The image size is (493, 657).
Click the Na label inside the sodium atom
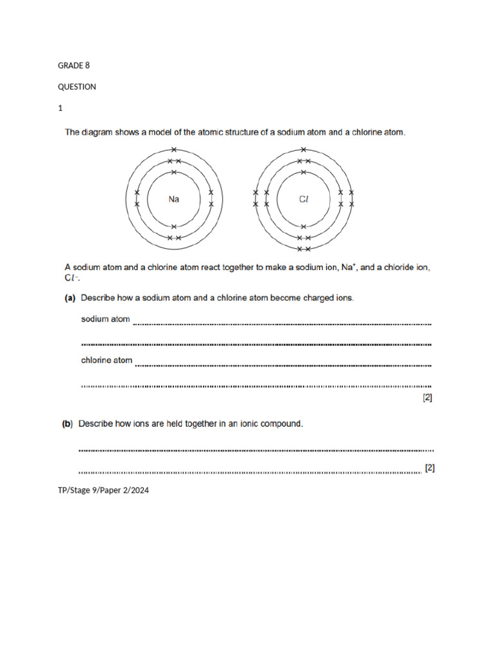174,199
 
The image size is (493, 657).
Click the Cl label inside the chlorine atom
304,199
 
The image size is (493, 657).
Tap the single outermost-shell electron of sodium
174,150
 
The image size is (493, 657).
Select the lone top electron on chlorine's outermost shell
304,150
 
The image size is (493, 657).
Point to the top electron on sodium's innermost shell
174,173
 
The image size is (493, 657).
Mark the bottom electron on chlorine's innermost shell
304,226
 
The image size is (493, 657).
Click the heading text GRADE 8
74,65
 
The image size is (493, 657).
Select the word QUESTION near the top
77,87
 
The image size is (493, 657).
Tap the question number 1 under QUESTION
60,108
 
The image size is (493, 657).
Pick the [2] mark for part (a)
427,398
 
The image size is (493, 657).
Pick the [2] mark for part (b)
429,468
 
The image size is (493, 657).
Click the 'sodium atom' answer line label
105,319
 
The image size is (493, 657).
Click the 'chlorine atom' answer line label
107,360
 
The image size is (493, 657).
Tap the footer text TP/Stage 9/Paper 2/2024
103,491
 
